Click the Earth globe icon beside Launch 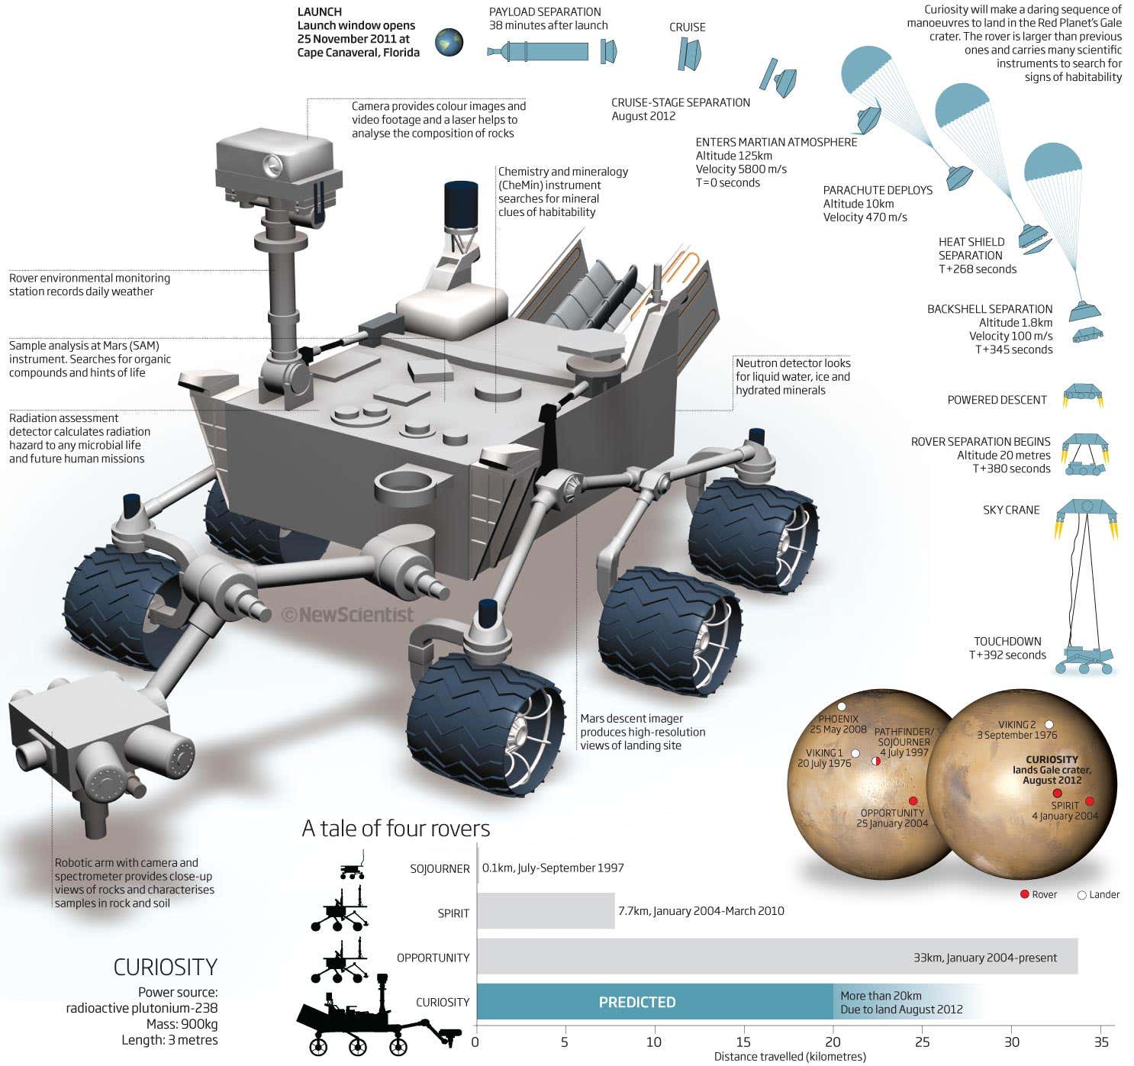[449, 43]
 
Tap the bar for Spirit [546, 911]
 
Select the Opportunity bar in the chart [777, 956]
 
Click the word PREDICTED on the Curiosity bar [637, 1002]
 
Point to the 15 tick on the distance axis [743, 1042]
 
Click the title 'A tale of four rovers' [395, 829]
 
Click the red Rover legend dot [1025, 894]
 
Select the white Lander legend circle [1081, 895]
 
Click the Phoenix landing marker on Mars [842, 707]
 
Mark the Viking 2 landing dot [1049, 724]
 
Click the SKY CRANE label [1011, 510]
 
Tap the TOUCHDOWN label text [1007, 641]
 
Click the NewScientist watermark [348, 614]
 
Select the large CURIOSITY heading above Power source [165, 968]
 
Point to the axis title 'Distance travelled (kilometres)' [790, 1057]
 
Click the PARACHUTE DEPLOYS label [878, 190]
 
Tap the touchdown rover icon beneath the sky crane [1084, 660]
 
